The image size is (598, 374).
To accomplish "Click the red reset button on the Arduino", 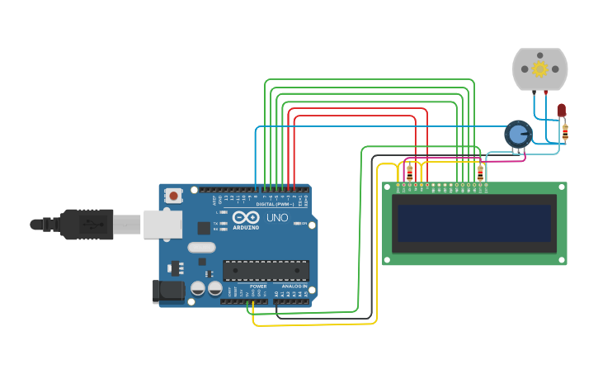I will (x=173, y=196).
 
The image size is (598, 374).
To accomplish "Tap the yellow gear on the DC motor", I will (x=540, y=69).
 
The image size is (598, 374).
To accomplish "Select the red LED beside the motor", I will (x=562, y=110).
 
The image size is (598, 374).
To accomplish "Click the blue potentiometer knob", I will (x=518, y=133).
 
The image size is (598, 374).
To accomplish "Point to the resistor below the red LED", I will (x=565, y=130).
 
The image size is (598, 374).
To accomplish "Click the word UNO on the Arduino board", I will (x=277, y=217).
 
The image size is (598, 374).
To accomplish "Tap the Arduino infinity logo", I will (x=246, y=216).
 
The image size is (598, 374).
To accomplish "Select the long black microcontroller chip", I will (x=266, y=270).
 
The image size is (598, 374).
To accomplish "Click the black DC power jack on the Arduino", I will (x=167, y=291).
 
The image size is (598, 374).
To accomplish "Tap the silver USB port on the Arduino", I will (x=162, y=224).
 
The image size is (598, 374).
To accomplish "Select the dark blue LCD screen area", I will (x=474, y=223).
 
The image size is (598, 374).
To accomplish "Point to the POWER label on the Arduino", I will (x=258, y=286).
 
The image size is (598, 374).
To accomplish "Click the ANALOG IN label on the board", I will (x=294, y=286).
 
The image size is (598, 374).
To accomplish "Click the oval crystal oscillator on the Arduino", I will (x=201, y=247).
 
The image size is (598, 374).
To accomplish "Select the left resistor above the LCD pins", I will (x=410, y=173).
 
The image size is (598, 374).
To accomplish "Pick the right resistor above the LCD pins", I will (x=480, y=172).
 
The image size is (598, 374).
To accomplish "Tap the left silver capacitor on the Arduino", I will (x=198, y=288).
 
